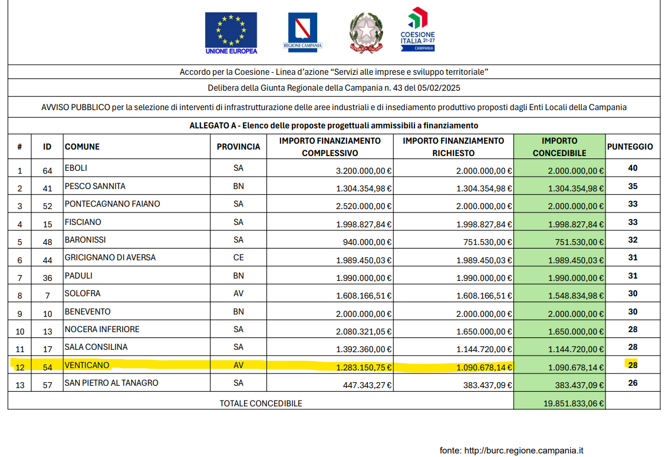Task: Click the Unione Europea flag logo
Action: [x=231, y=33]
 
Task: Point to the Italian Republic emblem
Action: [x=366, y=33]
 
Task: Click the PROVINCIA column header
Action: [x=238, y=147]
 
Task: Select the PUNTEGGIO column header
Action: [x=630, y=147]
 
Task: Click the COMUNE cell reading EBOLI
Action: [x=76, y=168]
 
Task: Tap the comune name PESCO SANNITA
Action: [x=95, y=186]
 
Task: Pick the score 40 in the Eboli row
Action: [x=633, y=168]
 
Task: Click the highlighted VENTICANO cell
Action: [x=87, y=365]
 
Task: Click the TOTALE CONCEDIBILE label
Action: [x=261, y=403]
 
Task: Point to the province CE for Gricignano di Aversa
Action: [x=238, y=258]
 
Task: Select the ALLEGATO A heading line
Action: [x=334, y=125]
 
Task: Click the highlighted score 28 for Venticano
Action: [x=633, y=365]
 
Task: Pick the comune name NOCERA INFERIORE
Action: [x=102, y=329]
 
